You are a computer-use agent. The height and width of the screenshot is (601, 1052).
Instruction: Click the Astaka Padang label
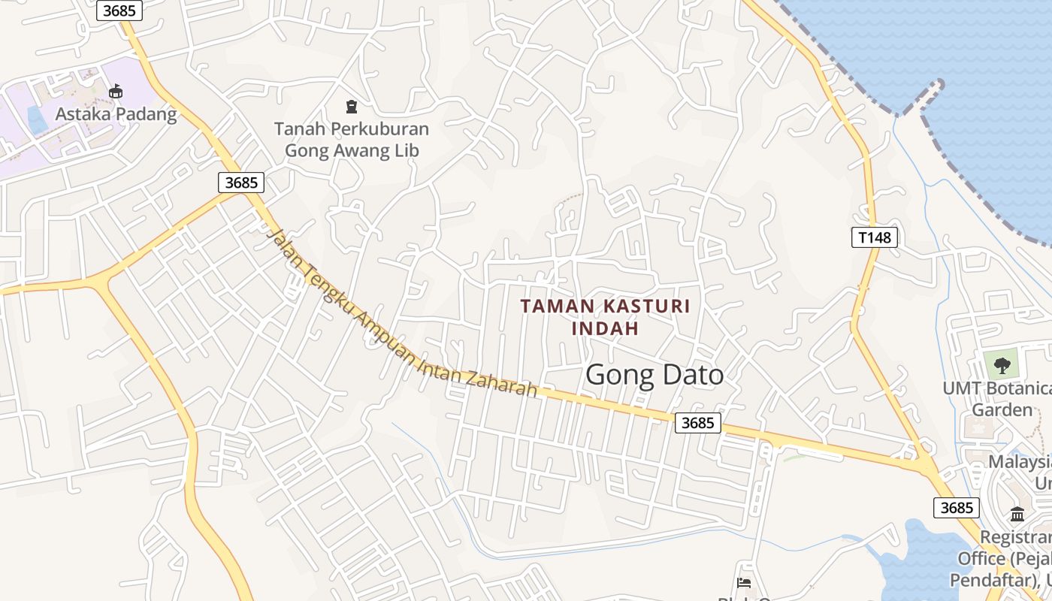116,114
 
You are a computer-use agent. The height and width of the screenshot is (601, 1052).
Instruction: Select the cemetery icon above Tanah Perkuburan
351,107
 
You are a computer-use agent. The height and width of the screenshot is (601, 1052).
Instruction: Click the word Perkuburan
382,129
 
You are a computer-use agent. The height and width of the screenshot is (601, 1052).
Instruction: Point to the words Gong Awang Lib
351,150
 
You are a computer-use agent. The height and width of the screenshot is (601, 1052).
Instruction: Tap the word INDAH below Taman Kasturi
605,328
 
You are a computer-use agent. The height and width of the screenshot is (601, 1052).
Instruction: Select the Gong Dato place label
654,375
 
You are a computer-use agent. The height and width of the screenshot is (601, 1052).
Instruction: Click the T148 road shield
875,237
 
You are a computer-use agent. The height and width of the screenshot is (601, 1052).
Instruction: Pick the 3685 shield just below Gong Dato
697,423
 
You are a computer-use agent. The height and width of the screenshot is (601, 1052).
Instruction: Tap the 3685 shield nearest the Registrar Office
957,508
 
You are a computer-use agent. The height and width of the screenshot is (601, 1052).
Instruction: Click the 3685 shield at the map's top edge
120,10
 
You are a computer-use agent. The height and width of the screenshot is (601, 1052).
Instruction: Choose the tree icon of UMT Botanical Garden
1001,366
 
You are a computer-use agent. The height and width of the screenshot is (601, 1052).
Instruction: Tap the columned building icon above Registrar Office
1017,515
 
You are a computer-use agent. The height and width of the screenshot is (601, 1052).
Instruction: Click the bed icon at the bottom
744,583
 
